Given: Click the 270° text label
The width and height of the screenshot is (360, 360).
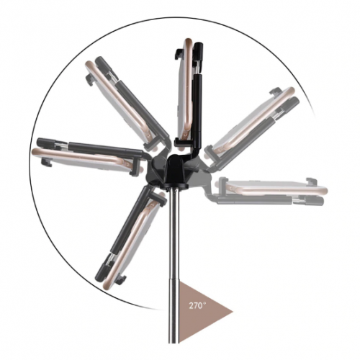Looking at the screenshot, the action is click(x=197, y=305).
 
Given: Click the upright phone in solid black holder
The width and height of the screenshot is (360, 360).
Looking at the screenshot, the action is click(x=185, y=92).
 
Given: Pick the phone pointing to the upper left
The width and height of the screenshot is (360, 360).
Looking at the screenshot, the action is click(x=120, y=103).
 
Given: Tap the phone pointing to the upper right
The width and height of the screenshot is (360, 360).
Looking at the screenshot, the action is click(x=252, y=121).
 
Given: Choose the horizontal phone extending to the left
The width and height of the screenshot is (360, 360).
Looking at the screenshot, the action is click(x=84, y=159).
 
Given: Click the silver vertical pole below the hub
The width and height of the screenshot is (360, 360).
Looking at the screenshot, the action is click(x=174, y=264).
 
